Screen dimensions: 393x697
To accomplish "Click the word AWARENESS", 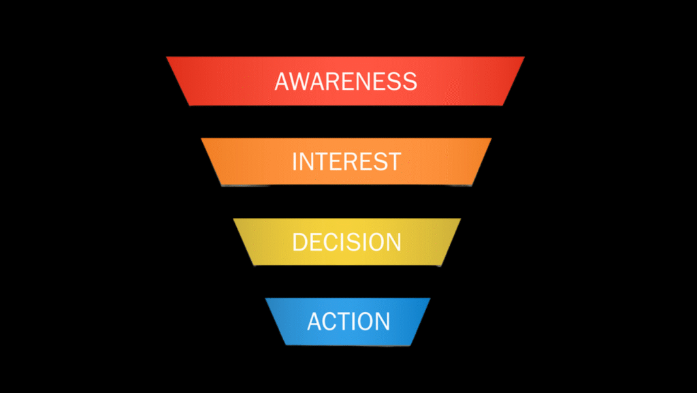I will [346, 81].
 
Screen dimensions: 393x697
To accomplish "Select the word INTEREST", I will [346, 162].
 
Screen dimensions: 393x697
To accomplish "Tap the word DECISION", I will [346, 242].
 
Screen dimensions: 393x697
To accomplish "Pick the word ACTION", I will [348, 321].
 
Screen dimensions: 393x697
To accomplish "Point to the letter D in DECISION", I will [299, 242].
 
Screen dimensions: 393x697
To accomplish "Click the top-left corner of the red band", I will [167, 57].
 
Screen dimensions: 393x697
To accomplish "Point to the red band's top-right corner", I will [524, 57].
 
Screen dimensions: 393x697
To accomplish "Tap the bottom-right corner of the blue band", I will [410, 345].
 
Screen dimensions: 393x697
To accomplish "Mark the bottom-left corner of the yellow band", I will [255, 265].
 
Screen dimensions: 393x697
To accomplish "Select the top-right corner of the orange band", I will [491, 138].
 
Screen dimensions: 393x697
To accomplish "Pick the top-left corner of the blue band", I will [265, 298].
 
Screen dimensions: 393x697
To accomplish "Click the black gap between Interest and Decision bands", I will [346, 202].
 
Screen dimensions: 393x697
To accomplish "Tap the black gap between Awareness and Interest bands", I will [346, 122].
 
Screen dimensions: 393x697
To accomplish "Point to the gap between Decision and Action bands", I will [346, 281].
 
